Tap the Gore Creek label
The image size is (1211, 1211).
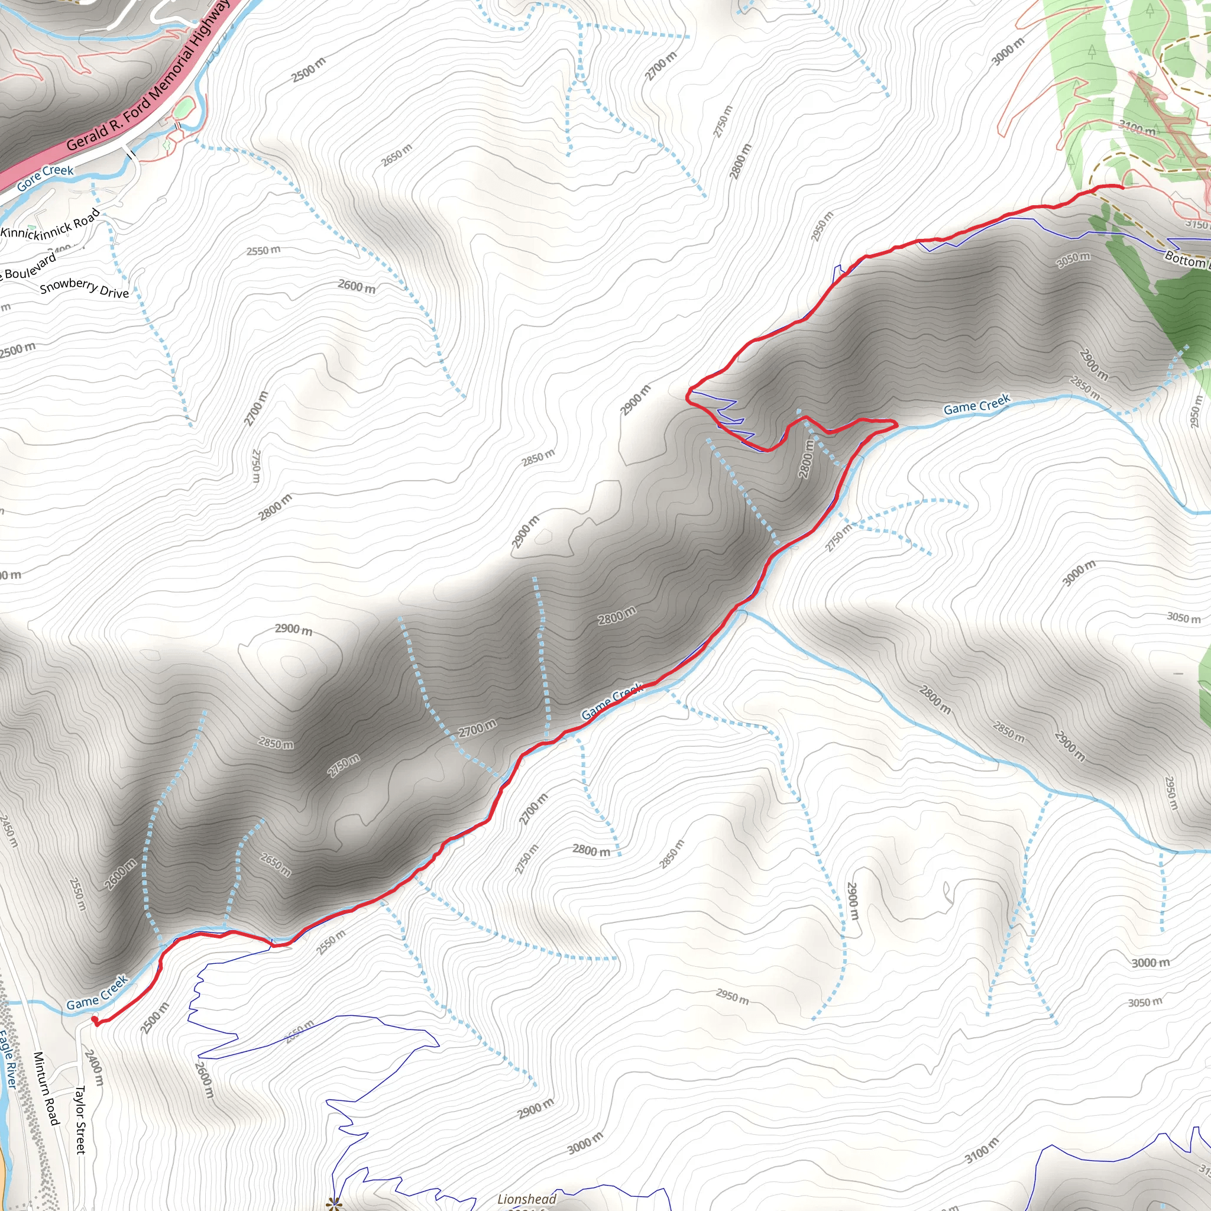[x=45, y=178]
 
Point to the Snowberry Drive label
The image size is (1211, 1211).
[x=84, y=288]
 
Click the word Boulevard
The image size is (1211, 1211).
[x=30, y=265]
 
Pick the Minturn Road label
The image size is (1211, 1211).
[x=46, y=1087]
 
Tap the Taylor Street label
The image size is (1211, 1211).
[x=80, y=1119]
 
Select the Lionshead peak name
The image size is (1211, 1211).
[x=526, y=1199]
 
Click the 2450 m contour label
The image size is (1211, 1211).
[x=8, y=831]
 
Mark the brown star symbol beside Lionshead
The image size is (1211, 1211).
[x=333, y=1202]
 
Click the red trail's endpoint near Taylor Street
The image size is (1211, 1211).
[x=95, y=1021]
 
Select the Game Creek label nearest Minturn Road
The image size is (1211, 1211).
[x=97, y=992]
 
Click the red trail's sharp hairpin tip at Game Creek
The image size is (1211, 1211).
[x=896, y=424]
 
